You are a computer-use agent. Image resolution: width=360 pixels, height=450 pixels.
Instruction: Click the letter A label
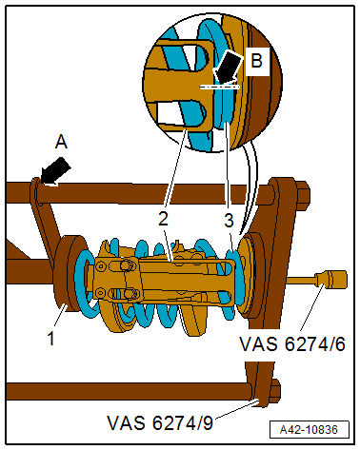62,142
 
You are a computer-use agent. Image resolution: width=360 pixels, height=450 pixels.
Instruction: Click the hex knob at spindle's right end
332,282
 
